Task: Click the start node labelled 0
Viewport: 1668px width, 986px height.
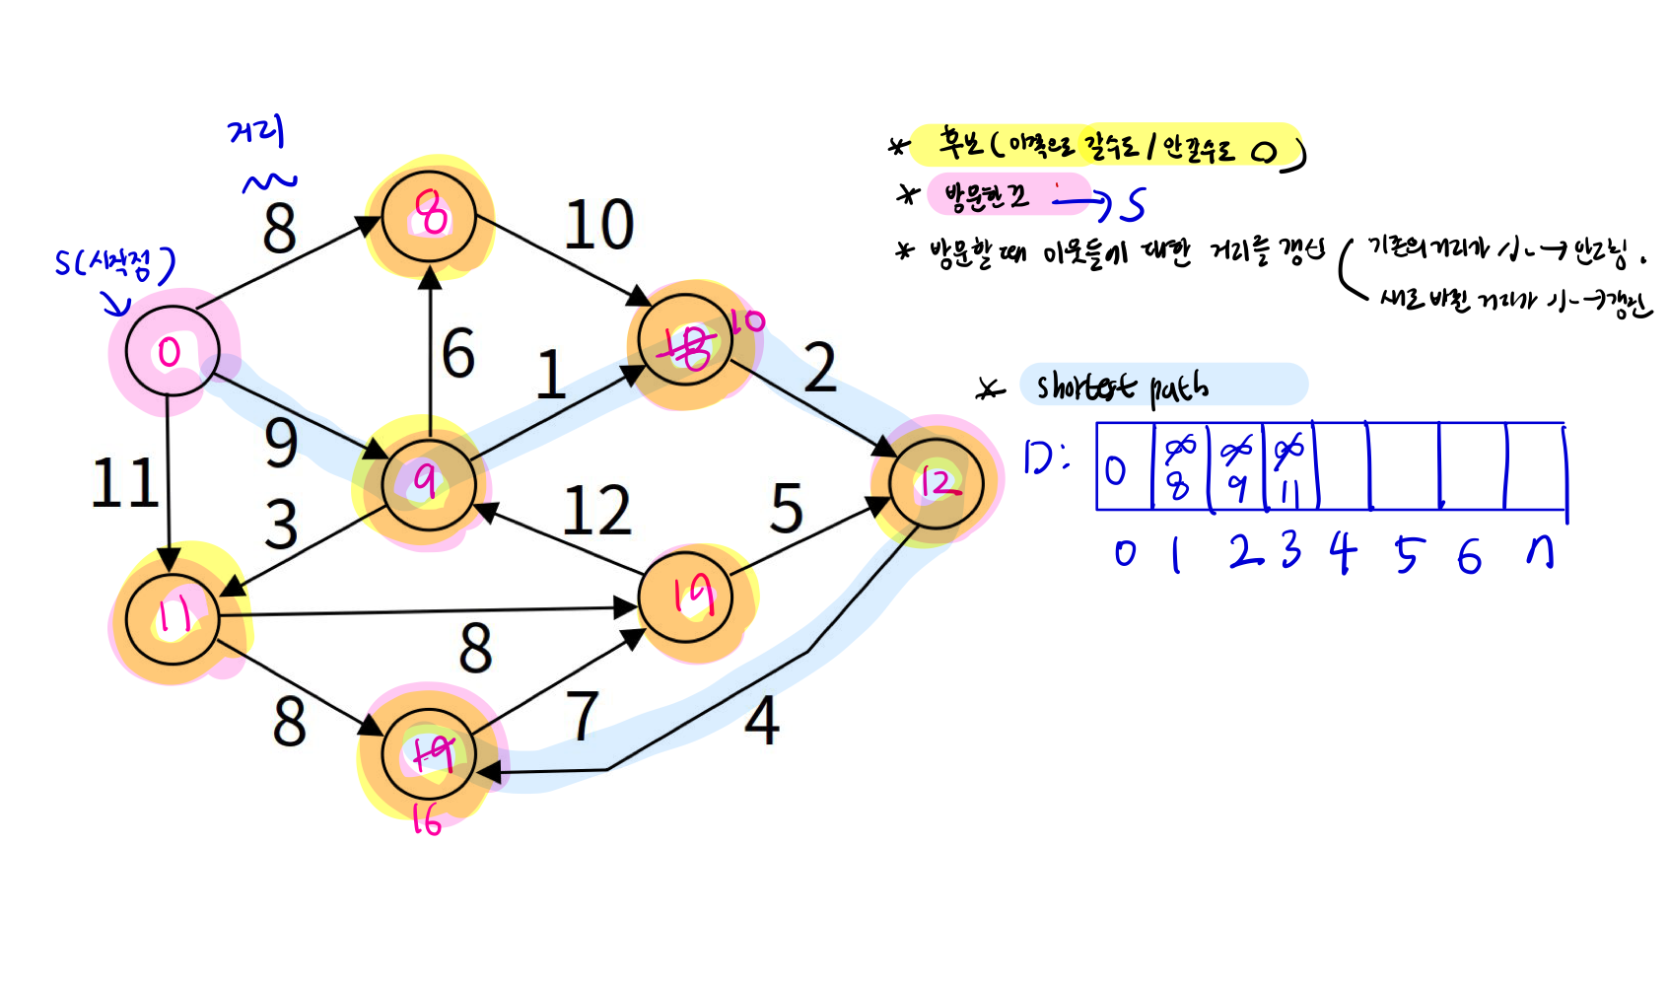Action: [170, 352]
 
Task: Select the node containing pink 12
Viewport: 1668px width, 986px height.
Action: [936, 483]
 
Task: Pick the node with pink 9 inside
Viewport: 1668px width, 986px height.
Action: [428, 483]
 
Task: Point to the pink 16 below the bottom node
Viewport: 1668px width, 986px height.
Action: [426, 819]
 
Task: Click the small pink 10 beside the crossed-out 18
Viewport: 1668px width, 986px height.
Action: [748, 320]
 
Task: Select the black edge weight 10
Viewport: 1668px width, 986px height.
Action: [598, 225]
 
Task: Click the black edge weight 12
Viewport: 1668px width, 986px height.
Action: [596, 511]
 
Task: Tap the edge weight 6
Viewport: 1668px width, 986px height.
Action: [458, 353]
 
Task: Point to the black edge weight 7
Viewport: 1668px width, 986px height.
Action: [582, 715]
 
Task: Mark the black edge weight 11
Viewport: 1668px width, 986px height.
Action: [125, 483]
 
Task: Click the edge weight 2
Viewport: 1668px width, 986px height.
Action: [819, 368]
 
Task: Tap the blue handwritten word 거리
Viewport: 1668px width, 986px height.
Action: [256, 131]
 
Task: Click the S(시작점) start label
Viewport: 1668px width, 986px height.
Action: [114, 262]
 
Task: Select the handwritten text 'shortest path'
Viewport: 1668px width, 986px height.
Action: [1122, 387]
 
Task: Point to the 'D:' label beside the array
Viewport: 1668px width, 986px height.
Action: [1045, 458]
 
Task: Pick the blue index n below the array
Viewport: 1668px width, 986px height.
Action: [1540, 554]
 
